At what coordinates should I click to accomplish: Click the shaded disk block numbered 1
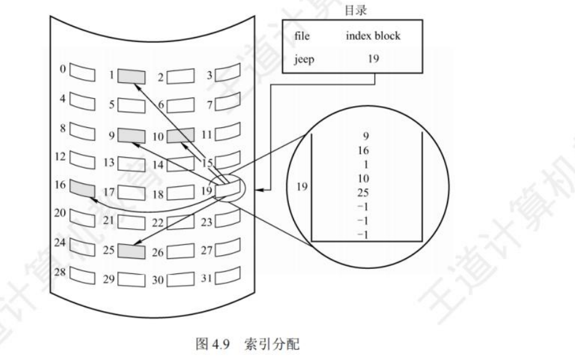tap(132, 77)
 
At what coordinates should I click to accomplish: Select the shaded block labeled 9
tap(132, 134)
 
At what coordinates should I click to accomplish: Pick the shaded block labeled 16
tap(81, 187)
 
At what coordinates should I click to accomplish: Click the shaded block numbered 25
tap(132, 251)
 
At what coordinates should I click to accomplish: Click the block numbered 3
tap(227, 76)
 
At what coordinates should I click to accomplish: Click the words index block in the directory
tap(373, 36)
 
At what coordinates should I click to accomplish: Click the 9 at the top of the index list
tap(365, 134)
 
